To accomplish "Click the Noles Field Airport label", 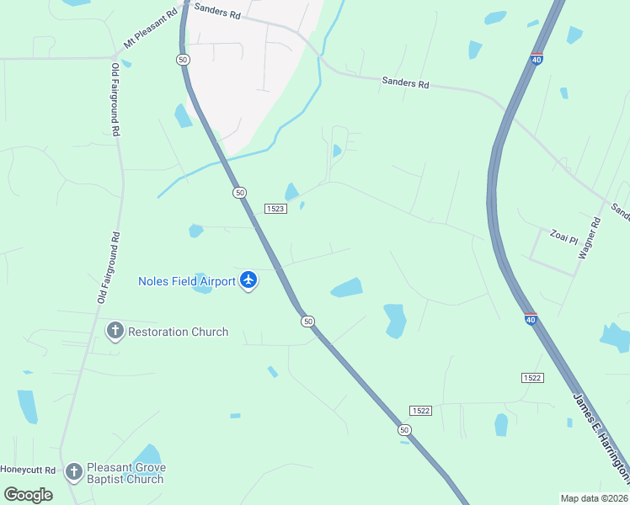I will click(187, 281).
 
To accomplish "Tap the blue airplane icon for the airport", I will click(248, 280).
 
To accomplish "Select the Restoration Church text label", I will click(178, 332).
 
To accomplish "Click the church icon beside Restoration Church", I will click(115, 331).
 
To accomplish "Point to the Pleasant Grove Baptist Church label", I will click(125, 473).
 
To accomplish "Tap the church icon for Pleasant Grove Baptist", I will click(74, 472).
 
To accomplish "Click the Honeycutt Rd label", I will click(27, 470).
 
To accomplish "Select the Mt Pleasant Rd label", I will click(152, 28).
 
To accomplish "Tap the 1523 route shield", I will click(275, 208).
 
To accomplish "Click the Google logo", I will click(28, 494).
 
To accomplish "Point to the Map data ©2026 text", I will click(594, 498).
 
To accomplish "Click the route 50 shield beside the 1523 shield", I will click(240, 193).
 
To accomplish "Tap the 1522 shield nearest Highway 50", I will click(421, 410).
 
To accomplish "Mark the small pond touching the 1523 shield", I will click(291, 193).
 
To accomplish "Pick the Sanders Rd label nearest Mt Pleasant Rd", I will click(217, 11).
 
